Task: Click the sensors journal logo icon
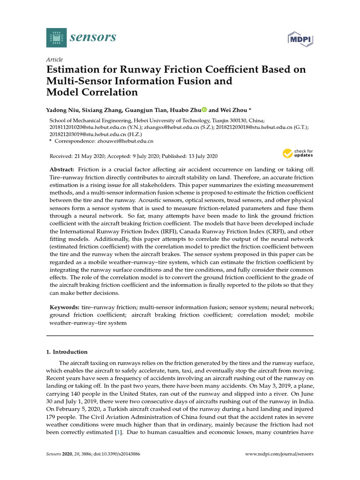pos(56,37)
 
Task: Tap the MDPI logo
pos(300,39)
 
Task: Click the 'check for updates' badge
pos(297,153)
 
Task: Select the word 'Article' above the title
pos(54,60)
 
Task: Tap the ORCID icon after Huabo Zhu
pos(204,110)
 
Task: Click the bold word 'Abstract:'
pos(62,169)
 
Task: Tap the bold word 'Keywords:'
pos(64,307)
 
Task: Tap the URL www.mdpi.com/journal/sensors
pos(279,454)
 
